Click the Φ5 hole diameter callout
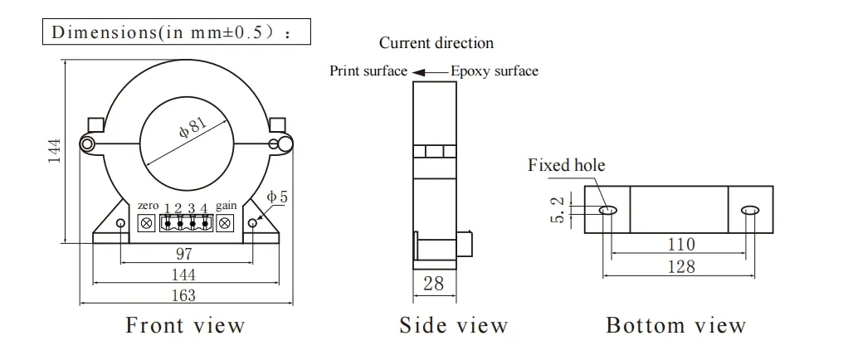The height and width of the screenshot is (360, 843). pos(277,197)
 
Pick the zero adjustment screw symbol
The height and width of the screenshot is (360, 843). pos(146,222)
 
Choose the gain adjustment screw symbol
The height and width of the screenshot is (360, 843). pos(225,222)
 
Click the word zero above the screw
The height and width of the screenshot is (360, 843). pos(149,206)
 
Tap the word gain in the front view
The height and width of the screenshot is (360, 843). pos(226,206)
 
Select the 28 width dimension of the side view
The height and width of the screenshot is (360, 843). pos(434,284)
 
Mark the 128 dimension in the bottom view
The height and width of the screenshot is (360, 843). pos(681,266)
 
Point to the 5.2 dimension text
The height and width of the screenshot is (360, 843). pos(557,210)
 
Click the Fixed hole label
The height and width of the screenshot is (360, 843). pos(567,165)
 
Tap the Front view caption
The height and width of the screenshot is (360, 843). pos(185,325)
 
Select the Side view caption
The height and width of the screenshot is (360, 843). pos(453,325)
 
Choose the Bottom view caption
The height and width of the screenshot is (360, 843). pos(676,325)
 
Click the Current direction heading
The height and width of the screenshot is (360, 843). pos(436,43)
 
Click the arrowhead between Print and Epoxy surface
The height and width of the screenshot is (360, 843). pos(420,72)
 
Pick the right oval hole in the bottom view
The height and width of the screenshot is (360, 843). pos(749,211)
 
